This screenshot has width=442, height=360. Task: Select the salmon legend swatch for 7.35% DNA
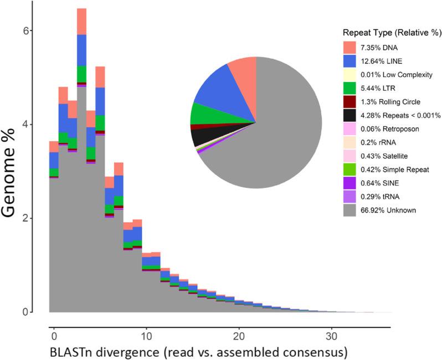point(350,48)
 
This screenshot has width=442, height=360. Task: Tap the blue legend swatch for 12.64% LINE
point(350,61)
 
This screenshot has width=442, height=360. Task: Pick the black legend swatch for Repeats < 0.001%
point(350,115)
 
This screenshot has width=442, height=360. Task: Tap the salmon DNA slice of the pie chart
point(244,71)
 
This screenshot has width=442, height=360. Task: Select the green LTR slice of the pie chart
point(201,113)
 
